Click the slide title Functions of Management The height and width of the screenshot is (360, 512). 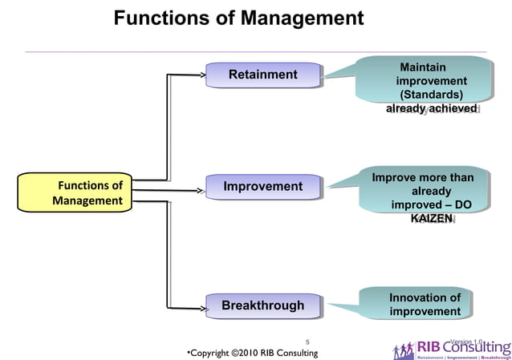pos(238,18)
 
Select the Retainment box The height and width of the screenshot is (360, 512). pos(262,75)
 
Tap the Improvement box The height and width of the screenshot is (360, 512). pos(262,187)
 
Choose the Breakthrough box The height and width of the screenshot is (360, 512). pos(262,305)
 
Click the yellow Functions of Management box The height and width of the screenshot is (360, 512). pos(87,193)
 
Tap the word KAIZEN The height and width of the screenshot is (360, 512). pos(431,219)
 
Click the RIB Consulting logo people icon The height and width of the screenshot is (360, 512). pos(404,350)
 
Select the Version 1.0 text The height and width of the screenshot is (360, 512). pos(466,342)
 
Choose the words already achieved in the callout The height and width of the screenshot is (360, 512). pos(432,108)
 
